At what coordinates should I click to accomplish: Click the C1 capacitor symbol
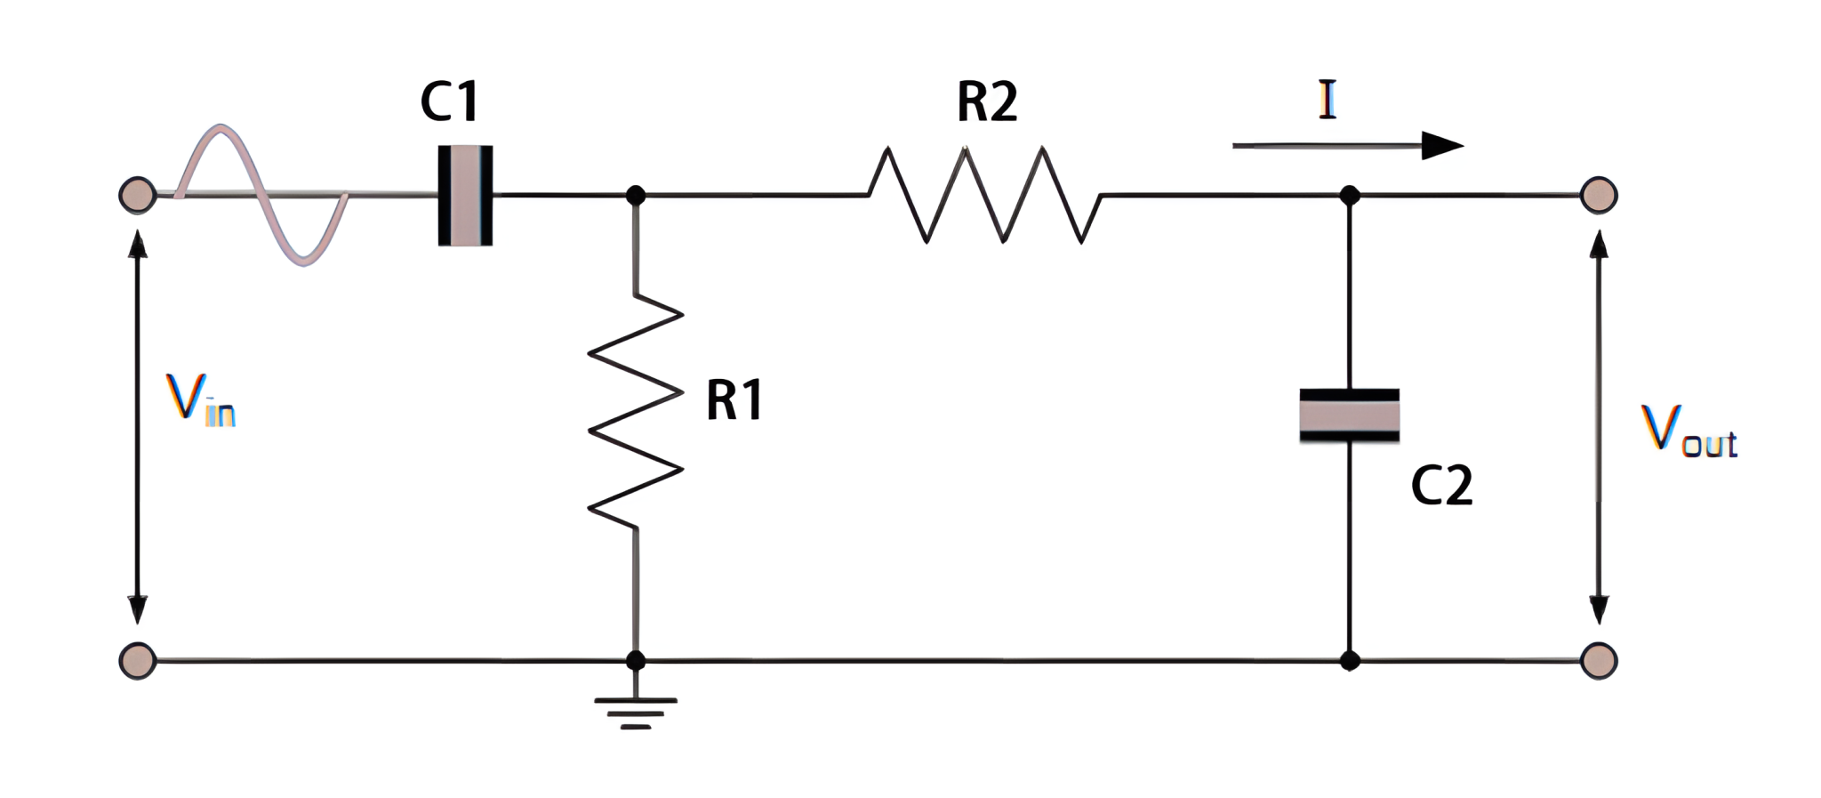465,195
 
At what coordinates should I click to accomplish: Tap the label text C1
450,101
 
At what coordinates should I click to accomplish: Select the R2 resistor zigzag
985,195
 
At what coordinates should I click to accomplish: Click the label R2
987,101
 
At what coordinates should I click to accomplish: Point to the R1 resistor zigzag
635,411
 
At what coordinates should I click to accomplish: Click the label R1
734,400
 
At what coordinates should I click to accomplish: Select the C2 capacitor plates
1349,415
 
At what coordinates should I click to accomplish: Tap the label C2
1441,486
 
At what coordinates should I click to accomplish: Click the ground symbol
635,712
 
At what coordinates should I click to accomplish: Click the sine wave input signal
263,195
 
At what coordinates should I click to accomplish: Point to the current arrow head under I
1440,145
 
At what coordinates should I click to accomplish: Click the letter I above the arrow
1327,100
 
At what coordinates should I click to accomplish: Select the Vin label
200,399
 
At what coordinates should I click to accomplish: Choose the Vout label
1688,431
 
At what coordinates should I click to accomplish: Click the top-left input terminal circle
138,195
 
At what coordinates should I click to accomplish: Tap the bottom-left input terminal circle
138,661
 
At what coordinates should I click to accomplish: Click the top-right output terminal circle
1598,195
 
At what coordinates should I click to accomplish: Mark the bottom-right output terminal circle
1598,661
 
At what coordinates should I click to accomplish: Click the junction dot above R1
635,195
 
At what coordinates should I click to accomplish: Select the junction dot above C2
1349,195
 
